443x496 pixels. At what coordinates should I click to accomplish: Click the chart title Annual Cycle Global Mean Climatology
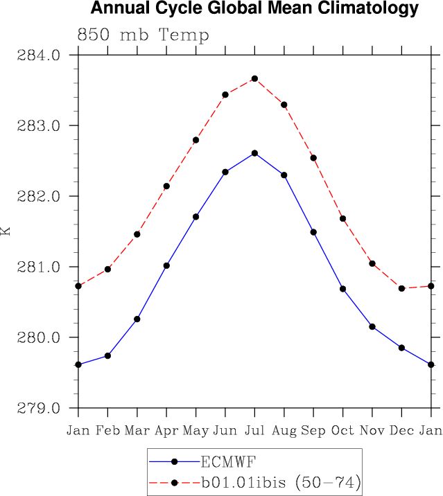coord(255,9)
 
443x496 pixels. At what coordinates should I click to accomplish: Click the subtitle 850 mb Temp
coord(143,35)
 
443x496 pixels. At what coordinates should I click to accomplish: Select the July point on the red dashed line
coord(254,79)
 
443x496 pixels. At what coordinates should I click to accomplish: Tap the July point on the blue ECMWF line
coord(254,153)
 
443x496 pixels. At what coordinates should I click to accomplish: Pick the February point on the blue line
coord(108,355)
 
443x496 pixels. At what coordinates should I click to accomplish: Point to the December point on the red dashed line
coord(401,288)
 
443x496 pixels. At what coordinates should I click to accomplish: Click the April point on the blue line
coord(166,265)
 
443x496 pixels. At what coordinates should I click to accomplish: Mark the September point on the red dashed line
coord(313,158)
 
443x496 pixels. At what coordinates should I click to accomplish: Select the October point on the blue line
coord(342,288)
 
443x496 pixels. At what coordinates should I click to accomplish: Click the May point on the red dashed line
coord(196,140)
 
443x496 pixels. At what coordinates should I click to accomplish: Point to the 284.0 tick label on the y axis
coord(44,55)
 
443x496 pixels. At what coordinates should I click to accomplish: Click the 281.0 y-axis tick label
coord(44,267)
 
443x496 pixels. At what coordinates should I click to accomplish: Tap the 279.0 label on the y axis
coord(44,408)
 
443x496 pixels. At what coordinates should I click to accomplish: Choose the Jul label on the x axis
coord(254,431)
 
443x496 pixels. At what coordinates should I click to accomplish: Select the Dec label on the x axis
coord(401,431)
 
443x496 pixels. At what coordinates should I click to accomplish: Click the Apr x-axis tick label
coord(166,431)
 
